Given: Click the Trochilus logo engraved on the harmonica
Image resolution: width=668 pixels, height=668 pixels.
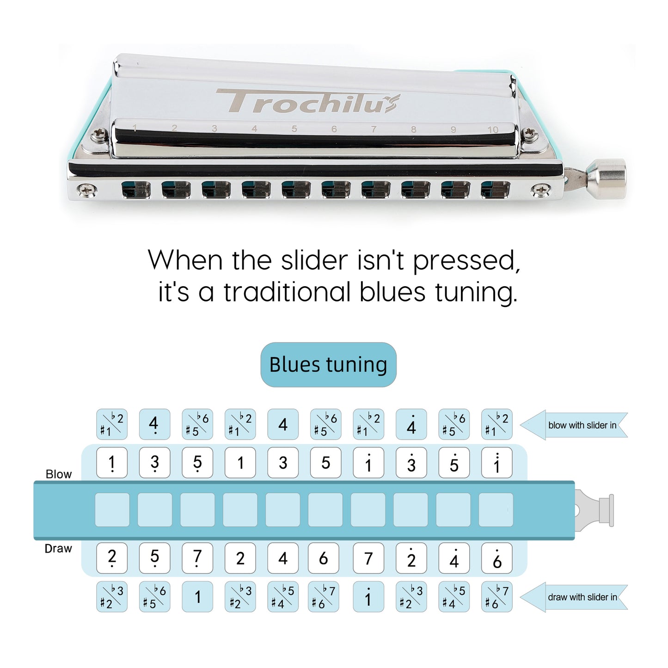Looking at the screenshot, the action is coord(307,101).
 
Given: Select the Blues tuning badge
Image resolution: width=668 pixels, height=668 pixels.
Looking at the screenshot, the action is coord(328,364).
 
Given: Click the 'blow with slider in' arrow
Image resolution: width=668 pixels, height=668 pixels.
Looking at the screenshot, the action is coord(574,425).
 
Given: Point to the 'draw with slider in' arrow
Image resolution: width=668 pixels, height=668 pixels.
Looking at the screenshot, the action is coord(574,597).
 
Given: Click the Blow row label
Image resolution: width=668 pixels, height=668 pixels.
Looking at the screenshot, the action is coord(59,474).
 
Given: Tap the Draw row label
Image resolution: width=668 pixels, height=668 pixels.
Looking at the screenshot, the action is coord(58,548).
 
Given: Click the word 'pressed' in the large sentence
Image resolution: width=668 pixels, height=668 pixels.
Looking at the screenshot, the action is coord(466,260).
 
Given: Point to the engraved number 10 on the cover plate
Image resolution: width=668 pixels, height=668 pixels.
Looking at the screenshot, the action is coord(493,129).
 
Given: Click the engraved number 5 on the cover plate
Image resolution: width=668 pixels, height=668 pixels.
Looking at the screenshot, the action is coord(294,129).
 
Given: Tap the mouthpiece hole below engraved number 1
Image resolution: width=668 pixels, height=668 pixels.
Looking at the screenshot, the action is coord(136,190).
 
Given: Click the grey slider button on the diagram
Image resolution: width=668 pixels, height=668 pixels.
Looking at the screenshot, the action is coord(594,510).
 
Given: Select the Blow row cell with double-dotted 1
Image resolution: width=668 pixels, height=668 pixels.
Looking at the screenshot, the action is coord(497,462).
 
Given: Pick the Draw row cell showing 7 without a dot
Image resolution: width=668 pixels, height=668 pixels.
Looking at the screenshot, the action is coord(368,558).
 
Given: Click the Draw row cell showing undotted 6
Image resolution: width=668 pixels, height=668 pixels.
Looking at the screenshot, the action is coord(324,558).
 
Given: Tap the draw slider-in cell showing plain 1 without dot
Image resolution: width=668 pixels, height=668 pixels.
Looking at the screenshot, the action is coord(197,597).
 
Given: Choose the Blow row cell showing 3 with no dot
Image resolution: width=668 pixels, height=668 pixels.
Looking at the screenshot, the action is coord(283,462).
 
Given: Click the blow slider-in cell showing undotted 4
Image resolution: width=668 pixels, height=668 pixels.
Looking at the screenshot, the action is coord(283,424).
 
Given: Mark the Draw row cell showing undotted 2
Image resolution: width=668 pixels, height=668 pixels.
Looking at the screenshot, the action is coord(240,558).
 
